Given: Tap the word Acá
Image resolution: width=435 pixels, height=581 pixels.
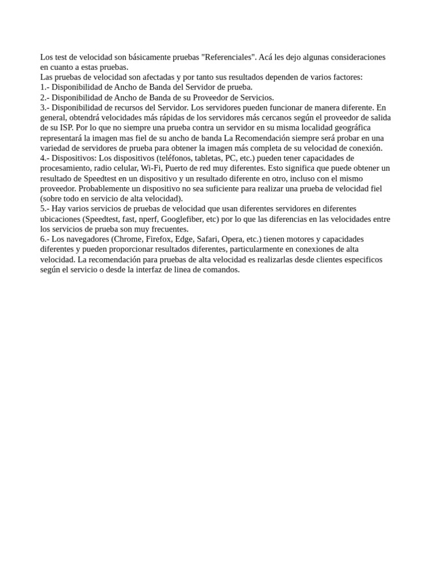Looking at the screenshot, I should [267, 57].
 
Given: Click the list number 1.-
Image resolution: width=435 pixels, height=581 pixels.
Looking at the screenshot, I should [45, 87].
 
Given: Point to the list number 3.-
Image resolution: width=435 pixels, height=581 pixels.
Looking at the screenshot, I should [45, 108].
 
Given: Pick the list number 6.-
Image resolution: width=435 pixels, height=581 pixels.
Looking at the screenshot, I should [45, 239].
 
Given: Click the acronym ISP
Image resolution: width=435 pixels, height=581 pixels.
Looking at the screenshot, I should [66, 128].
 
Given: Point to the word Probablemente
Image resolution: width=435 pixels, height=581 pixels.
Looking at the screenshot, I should [105, 189].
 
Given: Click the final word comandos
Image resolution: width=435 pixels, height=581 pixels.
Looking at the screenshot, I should [222, 270].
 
